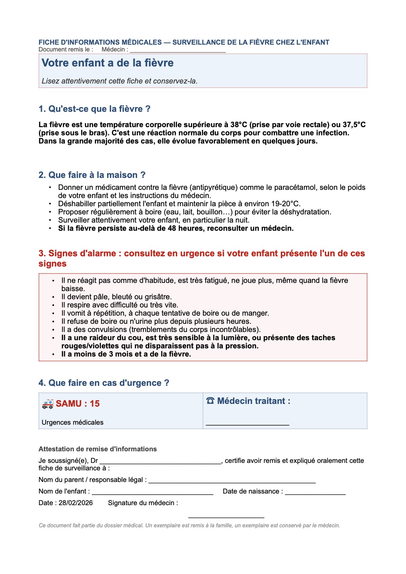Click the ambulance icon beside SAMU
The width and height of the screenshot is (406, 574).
pyautogui.click(x=48, y=404)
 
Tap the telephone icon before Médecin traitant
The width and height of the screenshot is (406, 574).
pyautogui.click(x=210, y=401)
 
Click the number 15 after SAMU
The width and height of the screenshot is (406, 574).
pyautogui.click(x=95, y=404)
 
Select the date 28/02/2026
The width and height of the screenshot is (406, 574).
pyautogui.click(x=76, y=503)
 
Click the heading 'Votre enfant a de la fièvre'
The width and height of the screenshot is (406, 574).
pyautogui.click(x=107, y=63)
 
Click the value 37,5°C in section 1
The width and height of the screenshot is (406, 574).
pyautogui.click(x=353, y=125)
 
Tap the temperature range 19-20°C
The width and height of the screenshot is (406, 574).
pyautogui.click(x=286, y=204)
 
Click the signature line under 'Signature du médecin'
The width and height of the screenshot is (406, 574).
pyautogui.click(x=226, y=517)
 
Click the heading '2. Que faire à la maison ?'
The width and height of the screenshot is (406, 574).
pyautogui.click(x=92, y=175)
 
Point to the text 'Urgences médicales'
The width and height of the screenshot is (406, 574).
pyautogui.click(x=73, y=422)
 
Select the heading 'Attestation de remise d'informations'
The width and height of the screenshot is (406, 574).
pyautogui.click(x=98, y=449)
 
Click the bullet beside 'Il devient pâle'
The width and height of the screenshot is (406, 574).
pyautogui.click(x=54, y=297)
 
